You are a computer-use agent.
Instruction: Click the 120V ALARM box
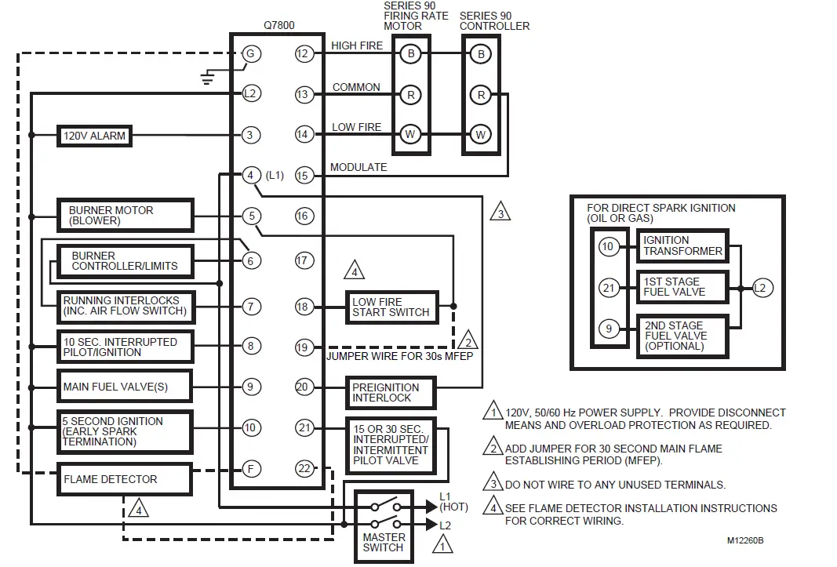coord(93,136)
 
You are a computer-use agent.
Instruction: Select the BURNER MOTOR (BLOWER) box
coord(125,216)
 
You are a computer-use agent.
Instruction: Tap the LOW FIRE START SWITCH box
coord(391,307)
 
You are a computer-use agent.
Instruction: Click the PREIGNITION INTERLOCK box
coord(385,392)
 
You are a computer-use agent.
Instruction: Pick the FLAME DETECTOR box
coord(124,479)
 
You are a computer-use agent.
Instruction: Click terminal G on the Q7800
coord(250,54)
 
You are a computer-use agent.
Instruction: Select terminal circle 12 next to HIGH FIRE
coord(304,54)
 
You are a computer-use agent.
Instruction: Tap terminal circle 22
coord(304,469)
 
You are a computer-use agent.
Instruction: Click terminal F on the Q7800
coord(250,469)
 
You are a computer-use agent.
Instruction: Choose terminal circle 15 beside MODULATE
coord(304,176)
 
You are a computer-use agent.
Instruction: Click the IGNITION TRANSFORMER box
coord(682,245)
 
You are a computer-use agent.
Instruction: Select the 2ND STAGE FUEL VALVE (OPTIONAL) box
coord(682,336)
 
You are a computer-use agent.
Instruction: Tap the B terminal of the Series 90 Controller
coord(481,54)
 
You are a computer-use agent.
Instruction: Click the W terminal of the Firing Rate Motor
coord(409,134)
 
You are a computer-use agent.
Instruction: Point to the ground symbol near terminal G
coord(208,77)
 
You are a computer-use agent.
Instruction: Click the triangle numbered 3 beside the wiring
coord(500,211)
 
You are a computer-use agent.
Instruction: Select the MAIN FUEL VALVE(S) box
coord(125,387)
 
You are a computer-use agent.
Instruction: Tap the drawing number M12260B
coord(744,541)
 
